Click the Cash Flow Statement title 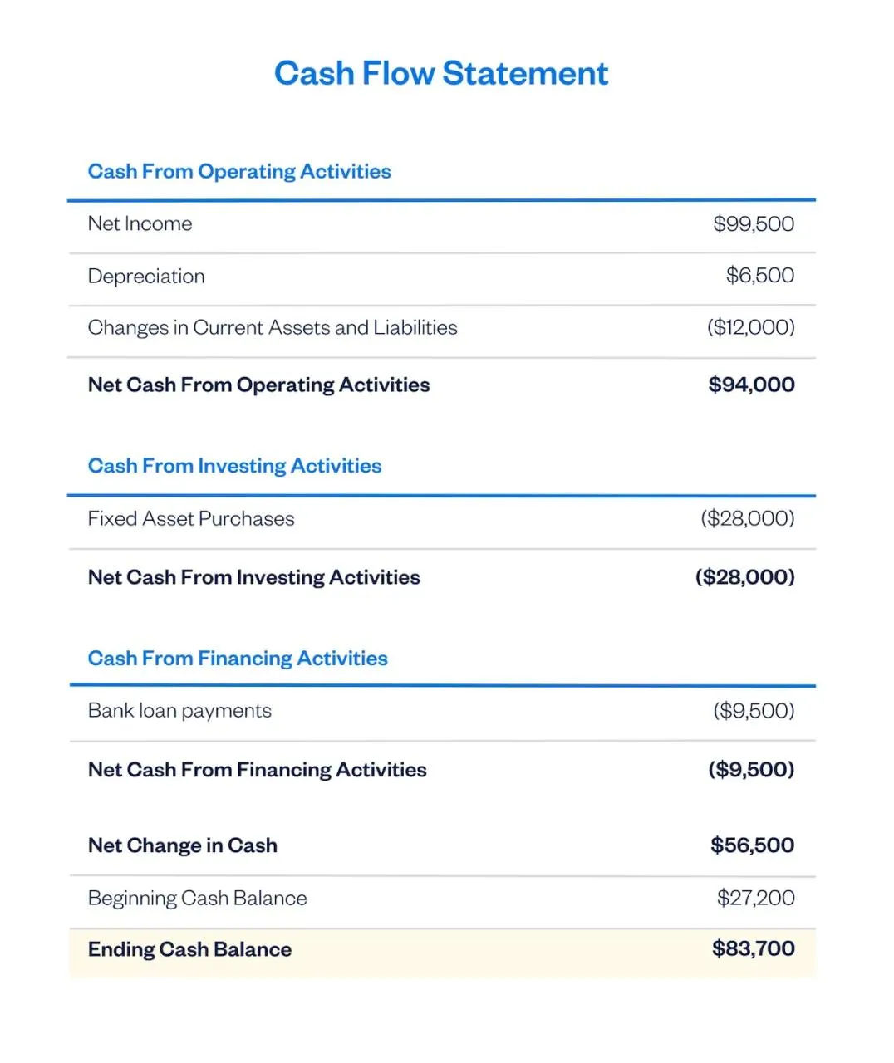coord(441,73)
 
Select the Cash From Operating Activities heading coord(239,171)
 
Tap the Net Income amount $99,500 coord(753,223)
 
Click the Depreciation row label coord(146,276)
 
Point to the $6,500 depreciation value coord(759,275)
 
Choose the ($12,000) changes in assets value coord(750,327)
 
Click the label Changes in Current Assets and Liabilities coord(273,327)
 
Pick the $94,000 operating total coord(751,385)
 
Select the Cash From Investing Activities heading coord(234,466)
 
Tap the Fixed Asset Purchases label coord(191,518)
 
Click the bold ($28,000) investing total coord(744,577)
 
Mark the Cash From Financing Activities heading coord(238,659)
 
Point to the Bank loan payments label coord(179,711)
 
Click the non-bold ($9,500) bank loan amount coord(753,711)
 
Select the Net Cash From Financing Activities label coord(258,770)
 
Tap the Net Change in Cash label coord(183,845)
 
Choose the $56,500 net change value coord(752,845)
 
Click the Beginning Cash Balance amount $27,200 coord(755,898)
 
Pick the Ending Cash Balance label coord(189,949)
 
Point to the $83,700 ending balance coord(753,948)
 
